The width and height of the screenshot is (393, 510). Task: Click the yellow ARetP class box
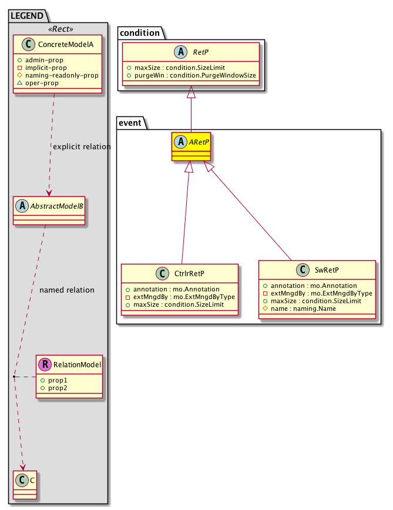point(191,147)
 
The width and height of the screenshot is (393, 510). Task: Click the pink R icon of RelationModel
point(45,365)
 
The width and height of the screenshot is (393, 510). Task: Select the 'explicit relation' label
point(82,146)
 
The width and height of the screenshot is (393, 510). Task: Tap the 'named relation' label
point(66,290)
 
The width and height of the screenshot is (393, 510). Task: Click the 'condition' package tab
point(140,32)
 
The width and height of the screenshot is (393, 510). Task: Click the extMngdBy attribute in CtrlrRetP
point(179,297)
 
